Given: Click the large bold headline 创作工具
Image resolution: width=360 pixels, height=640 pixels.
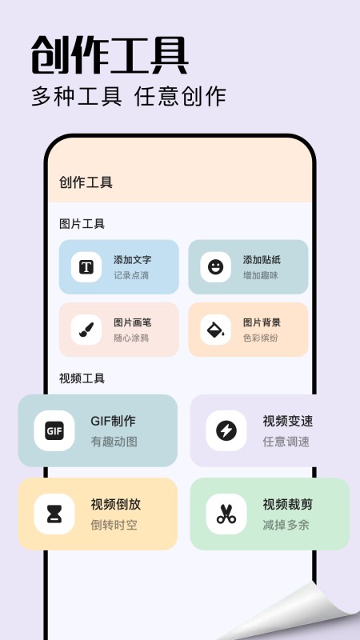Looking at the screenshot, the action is [110, 55].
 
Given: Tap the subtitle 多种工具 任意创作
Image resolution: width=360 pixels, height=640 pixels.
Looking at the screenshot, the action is [129, 96].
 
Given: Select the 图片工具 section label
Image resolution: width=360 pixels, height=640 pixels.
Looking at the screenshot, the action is [82, 224].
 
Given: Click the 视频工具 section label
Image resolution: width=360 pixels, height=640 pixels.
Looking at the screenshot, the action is [82, 378].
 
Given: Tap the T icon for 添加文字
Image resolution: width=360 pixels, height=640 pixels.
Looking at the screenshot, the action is [86, 267].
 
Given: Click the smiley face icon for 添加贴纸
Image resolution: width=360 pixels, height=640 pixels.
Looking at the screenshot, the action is [215, 267].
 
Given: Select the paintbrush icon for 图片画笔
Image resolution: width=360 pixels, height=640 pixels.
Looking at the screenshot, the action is [86, 330].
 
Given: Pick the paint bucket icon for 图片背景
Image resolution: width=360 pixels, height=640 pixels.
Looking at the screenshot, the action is [215, 330].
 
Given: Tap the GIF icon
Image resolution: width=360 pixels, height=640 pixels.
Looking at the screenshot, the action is [54, 431].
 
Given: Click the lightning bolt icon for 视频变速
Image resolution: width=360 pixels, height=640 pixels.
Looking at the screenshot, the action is [226, 431].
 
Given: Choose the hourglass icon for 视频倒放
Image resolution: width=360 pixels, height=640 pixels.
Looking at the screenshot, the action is [54, 514].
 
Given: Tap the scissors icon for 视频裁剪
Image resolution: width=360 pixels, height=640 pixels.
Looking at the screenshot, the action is [226, 514].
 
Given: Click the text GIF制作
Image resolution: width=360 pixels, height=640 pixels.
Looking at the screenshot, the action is [113, 422].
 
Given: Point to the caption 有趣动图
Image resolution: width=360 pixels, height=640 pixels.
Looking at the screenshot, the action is [114, 442].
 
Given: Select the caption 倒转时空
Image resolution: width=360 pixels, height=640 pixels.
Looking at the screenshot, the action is [114, 525].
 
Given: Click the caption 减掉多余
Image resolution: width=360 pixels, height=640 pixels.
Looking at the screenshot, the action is [286, 525].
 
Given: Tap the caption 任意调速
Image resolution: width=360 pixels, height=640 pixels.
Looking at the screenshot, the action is [286, 442].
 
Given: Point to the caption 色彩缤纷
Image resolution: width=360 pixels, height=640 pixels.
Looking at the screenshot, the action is [261, 338].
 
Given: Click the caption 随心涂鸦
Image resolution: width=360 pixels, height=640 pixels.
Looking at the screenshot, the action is [131, 338].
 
